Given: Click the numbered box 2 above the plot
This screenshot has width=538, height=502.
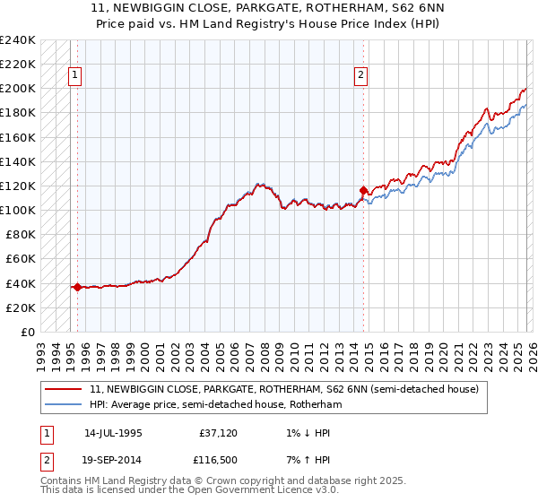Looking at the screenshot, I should (x=360, y=76).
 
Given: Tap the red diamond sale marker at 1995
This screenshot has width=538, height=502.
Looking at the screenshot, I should (x=78, y=287).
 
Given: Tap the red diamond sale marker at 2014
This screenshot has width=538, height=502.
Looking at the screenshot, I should (x=363, y=190).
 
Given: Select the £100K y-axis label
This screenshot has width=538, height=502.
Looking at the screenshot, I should (x=19, y=210).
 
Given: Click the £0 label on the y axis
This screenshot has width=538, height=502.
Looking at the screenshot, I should (x=28, y=332).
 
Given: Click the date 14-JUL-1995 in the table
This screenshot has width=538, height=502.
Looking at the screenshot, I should (x=113, y=432).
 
